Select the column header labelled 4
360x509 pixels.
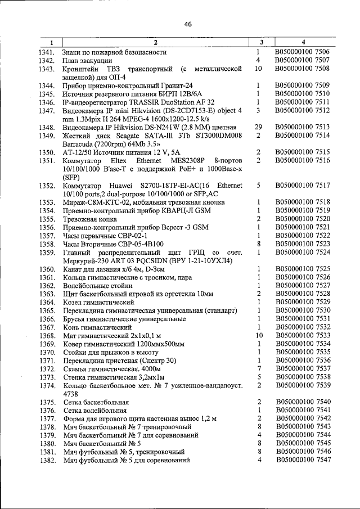click(x=303, y=43)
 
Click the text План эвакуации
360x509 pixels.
click(x=88, y=60)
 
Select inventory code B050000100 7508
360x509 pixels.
click(x=303, y=69)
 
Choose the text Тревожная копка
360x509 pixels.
click(x=90, y=218)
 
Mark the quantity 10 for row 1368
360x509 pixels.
click(x=259, y=336)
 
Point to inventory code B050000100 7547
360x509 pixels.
click(x=303, y=461)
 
